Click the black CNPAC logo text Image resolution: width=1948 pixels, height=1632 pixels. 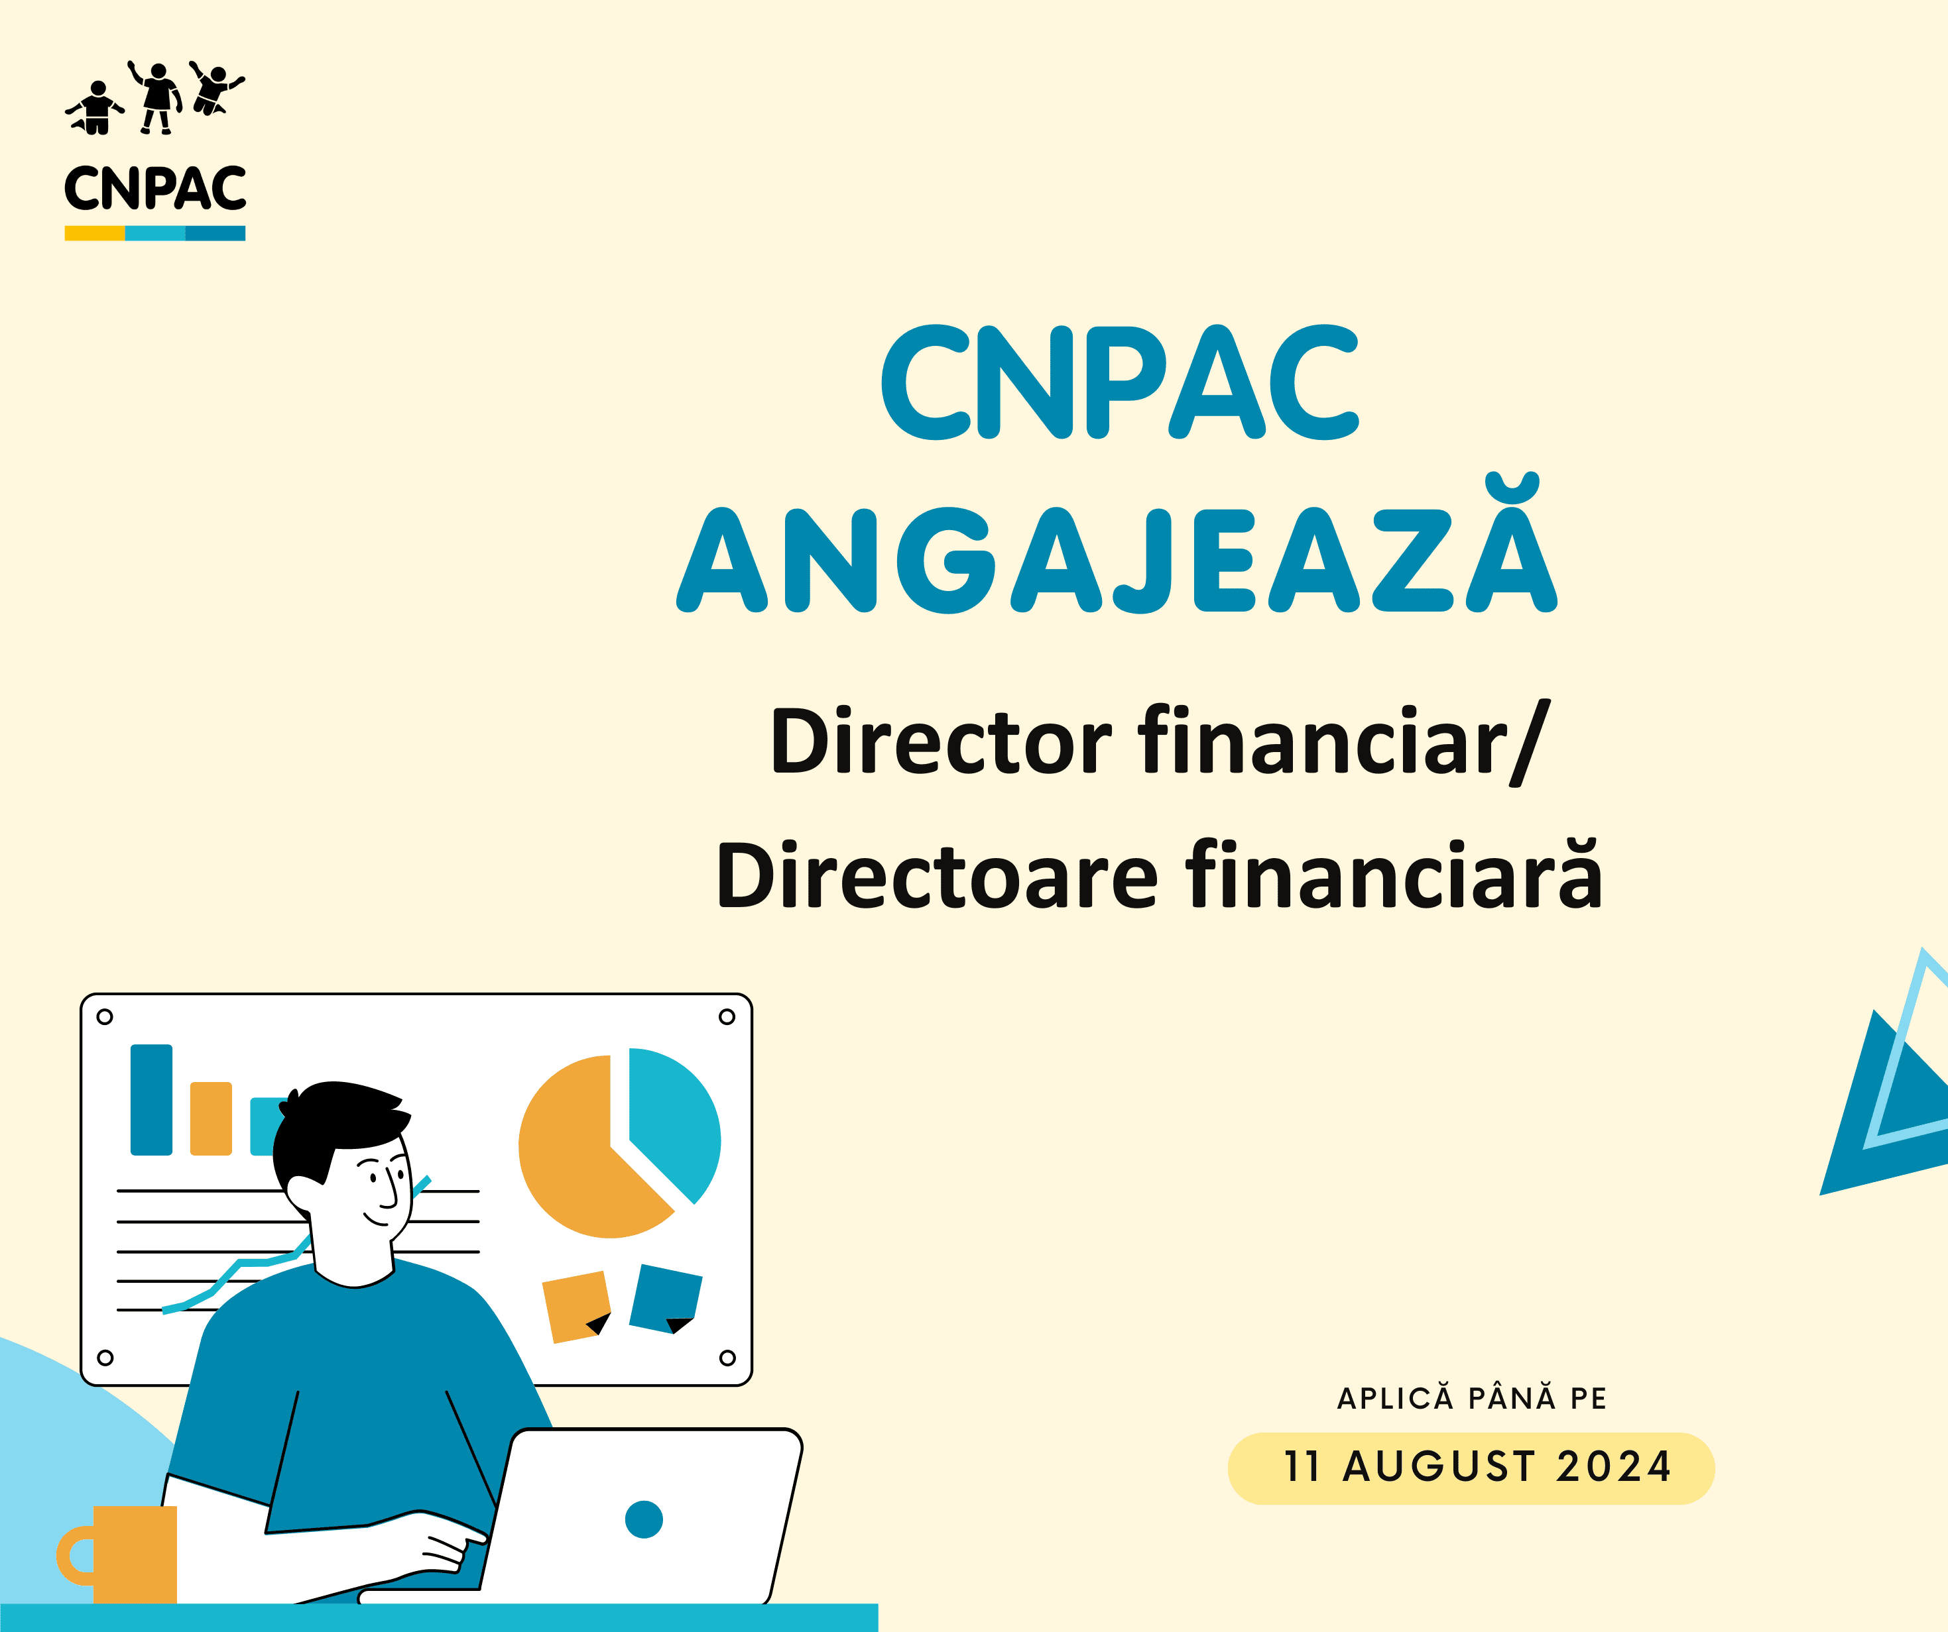[x=155, y=188]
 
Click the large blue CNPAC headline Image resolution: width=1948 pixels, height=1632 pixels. [x=1120, y=382]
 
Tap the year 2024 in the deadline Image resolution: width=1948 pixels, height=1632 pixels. [x=1613, y=1468]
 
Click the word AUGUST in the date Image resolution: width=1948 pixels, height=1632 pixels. [x=1439, y=1468]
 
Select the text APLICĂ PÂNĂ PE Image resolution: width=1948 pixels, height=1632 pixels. [x=1471, y=1397]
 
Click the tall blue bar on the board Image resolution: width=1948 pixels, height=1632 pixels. [x=151, y=1100]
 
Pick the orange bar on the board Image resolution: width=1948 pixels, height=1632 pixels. [x=211, y=1118]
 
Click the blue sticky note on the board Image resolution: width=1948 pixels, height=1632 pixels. [x=665, y=1298]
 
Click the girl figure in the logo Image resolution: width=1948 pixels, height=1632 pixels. [x=158, y=97]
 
